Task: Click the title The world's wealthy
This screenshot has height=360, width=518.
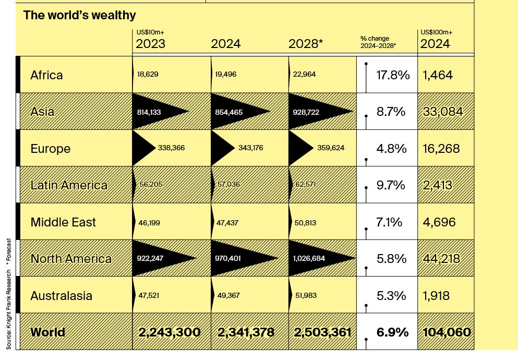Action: tap(79, 15)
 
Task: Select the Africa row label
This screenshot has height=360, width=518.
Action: tap(46, 75)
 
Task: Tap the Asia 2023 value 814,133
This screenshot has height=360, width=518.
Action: tap(152, 112)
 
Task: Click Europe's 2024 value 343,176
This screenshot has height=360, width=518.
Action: tap(250, 148)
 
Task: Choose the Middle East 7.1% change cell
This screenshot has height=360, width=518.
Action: tap(389, 222)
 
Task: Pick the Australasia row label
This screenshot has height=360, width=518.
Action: tap(61, 296)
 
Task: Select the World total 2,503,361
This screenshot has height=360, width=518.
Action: tap(322, 332)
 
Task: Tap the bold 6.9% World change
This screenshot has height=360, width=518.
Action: tap(392, 332)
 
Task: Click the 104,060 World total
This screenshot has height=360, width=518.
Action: tap(446, 332)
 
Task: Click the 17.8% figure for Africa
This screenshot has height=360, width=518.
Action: tap(393, 75)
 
